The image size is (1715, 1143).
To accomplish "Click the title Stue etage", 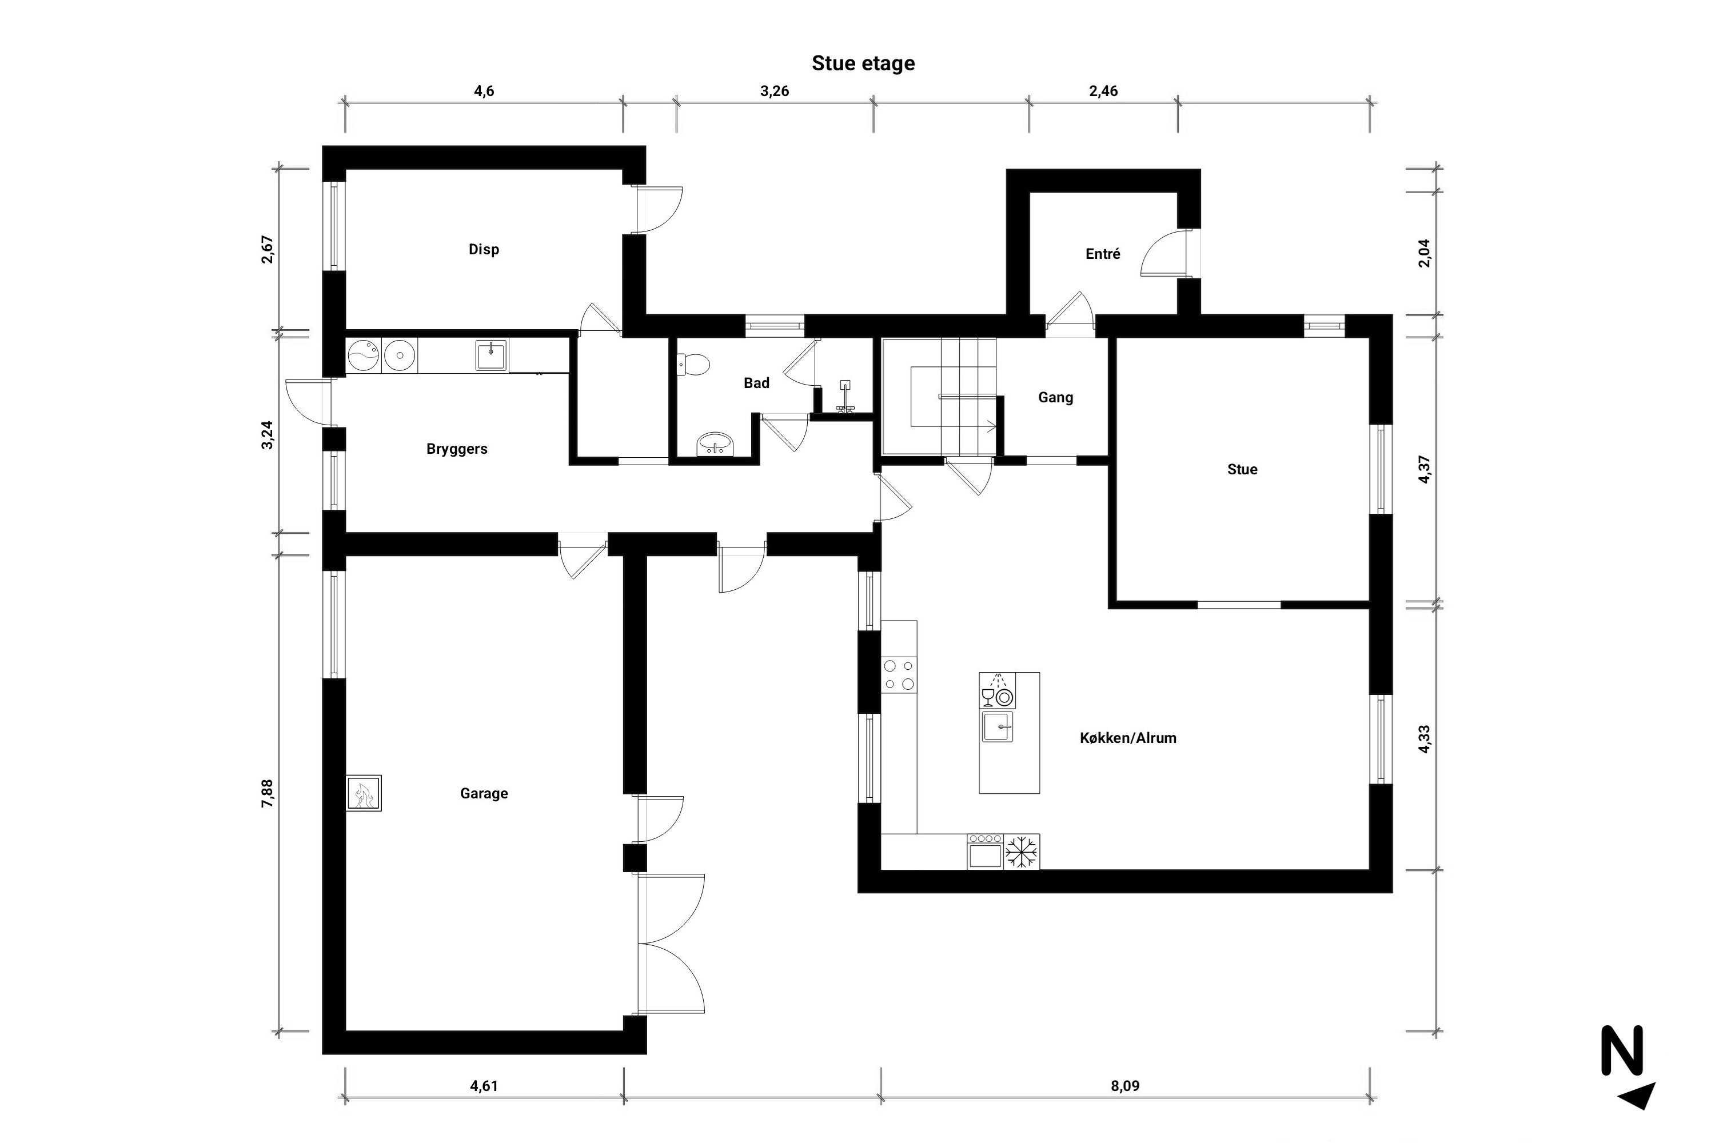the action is (863, 63).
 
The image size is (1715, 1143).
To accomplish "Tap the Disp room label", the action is (484, 249).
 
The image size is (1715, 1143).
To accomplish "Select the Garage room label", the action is (484, 793).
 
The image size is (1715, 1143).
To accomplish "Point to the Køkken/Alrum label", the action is (1128, 738).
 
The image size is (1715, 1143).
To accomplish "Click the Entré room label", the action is (1103, 254).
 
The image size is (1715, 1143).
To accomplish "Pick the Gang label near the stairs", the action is (1056, 397).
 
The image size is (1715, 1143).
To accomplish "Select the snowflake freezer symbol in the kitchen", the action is (1022, 852).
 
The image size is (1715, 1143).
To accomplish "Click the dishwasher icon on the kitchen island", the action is (997, 691).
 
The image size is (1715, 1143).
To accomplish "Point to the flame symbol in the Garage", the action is (363, 793).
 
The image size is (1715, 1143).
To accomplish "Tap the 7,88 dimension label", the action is (268, 793).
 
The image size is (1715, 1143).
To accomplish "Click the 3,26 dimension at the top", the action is (775, 91).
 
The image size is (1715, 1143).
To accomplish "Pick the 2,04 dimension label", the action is (1424, 253).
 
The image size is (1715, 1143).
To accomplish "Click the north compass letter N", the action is (1622, 1050).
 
